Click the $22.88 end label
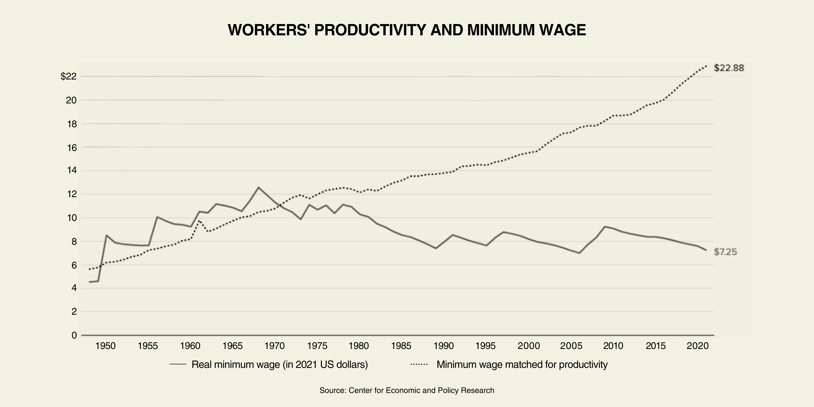729,68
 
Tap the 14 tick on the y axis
71,171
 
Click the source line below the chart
407,390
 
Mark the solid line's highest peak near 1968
258,187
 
